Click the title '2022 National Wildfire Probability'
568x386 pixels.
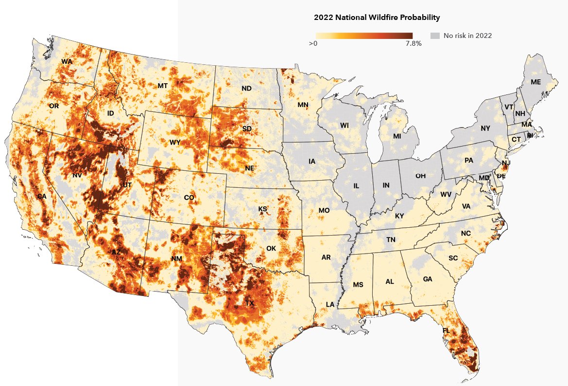pyautogui.click(x=377, y=18)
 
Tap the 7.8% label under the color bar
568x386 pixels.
pyautogui.click(x=413, y=44)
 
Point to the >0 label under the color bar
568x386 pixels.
pyautogui.click(x=313, y=44)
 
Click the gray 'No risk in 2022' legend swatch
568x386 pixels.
pyautogui.click(x=435, y=36)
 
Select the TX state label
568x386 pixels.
pyautogui.click(x=249, y=303)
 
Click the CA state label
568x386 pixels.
pyautogui.click(x=41, y=196)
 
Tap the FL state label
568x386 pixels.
pyautogui.click(x=446, y=331)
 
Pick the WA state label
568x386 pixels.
pyautogui.click(x=67, y=62)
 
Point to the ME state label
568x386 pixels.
pyautogui.click(x=535, y=82)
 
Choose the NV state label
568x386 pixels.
pyautogui.click(x=77, y=175)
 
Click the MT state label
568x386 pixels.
pyautogui.click(x=163, y=86)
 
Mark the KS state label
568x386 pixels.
pyautogui.click(x=263, y=209)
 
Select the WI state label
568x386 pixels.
pyautogui.click(x=344, y=126)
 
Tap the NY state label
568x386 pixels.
pyautogui.click(x=485, y=129)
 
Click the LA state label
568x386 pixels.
pyautogui.click(x=330, y=305)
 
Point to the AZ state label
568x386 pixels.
pyautogui.click(x=116, y=252)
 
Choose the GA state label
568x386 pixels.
pyautogui.click(x=428, y=279)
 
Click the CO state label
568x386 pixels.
pyautogui.click(x=189, y=198)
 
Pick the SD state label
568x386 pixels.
pyautogui.click(x=247, y=129)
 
